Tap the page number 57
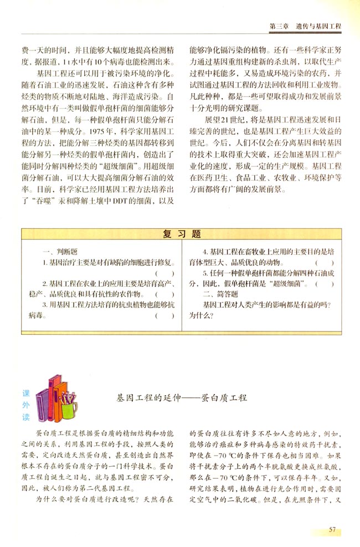point(332,529)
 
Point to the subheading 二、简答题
point(220,294)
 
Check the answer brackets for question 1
point(166,273)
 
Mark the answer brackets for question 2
point(166,294)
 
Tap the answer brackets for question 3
point(166,316)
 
